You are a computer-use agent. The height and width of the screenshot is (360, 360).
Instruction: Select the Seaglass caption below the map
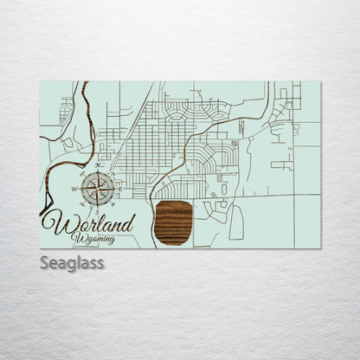72,262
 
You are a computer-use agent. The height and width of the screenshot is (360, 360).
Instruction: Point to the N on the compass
98,165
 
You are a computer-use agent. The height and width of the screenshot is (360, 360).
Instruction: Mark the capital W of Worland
62,223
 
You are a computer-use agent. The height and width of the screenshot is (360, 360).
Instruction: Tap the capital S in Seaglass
45,261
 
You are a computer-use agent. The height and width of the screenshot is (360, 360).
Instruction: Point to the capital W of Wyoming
79,237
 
